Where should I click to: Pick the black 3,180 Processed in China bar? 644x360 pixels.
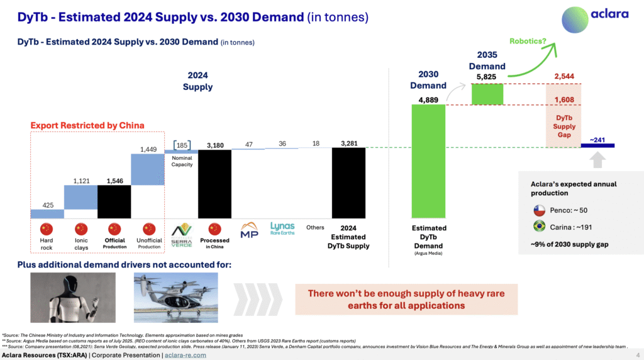[x=215, y=183]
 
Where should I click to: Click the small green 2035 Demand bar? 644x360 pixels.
[x=487, y=94]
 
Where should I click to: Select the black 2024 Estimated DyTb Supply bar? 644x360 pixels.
[x=348, y=183]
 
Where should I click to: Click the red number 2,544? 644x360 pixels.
[x=563, y=77]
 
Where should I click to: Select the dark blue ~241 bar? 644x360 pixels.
[x=597, y=146]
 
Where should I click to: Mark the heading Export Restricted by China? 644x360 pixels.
[x=87, y=125]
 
